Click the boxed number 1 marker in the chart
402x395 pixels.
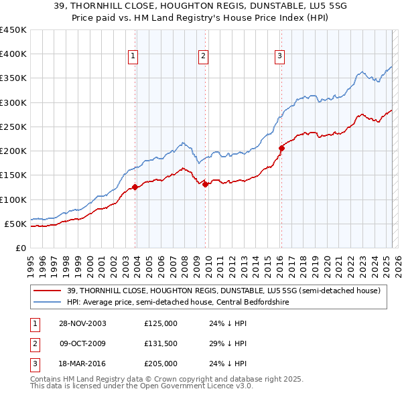pyautogui.click(x=134, y=56)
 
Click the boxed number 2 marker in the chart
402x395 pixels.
pyautogui.click(x=203, y=56)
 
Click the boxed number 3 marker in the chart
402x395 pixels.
pyautogui.click(x=279, y=56)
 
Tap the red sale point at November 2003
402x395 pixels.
pyautogui.click(x=135, y=187)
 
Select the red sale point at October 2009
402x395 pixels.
pyautogui.click(x=205, y=184)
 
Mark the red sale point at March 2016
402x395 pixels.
pyautogui.click(x=281, y=149)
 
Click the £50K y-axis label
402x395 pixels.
pyautogui.click(x=15, y=224)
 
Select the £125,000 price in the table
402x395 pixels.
pyautogui.click(x=161, y=323)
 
